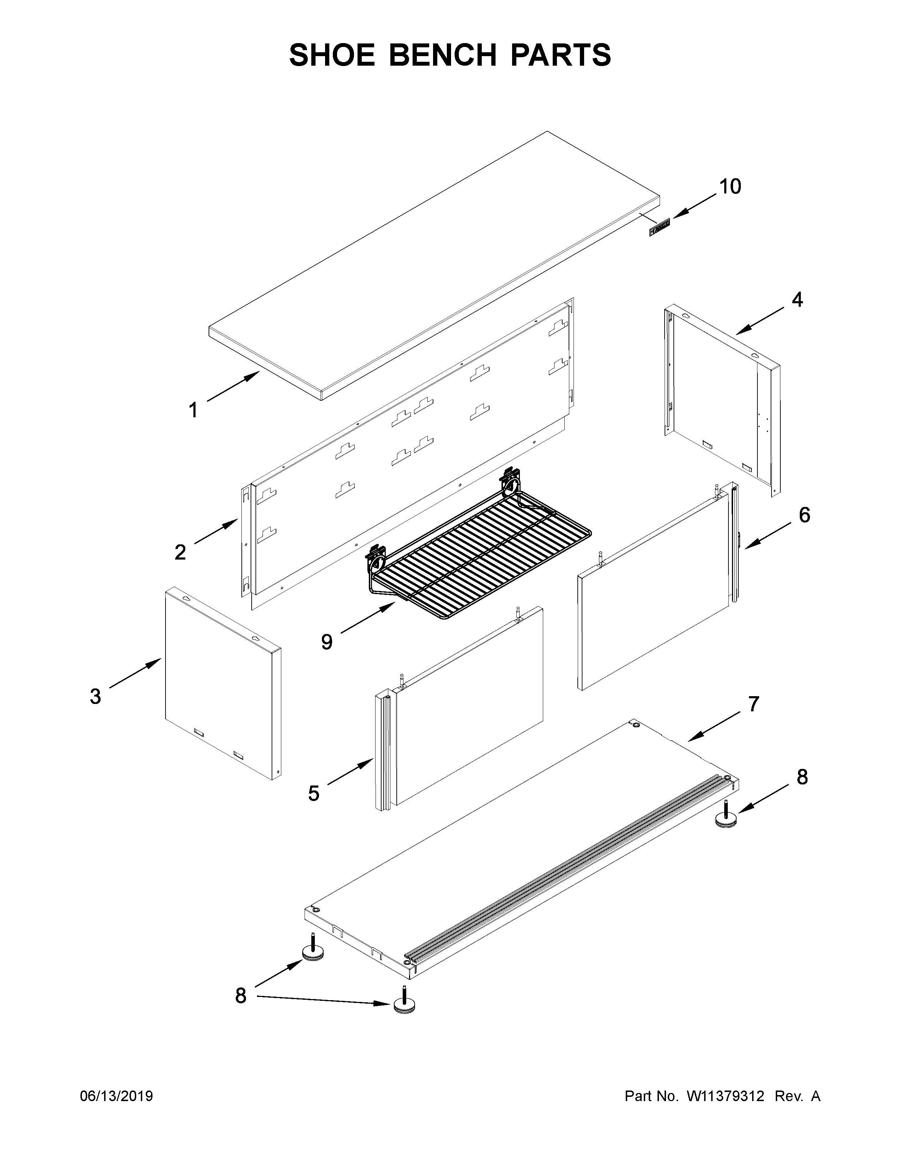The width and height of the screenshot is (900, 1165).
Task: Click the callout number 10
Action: coord(730,187)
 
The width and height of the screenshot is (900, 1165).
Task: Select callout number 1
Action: coord(193,410)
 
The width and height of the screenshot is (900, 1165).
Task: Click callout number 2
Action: coord(180,552)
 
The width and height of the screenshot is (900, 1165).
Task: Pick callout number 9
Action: coord(327,642)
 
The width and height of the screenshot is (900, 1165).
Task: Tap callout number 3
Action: coord(95,696)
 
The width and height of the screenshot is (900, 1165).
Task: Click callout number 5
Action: coord(313,808)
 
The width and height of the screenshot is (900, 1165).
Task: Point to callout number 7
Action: coord(753,704)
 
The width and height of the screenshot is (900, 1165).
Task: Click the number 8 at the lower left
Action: coord(241,996)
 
